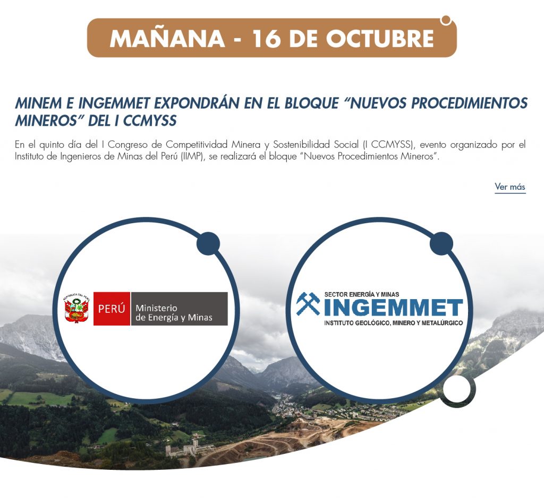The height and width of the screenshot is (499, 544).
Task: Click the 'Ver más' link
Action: [x=510, y=187]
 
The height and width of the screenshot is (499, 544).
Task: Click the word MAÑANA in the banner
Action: [x=167, y=38]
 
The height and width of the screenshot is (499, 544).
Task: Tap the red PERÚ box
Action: [x=112, y=309]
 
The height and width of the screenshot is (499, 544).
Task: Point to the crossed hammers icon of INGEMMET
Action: [x=308, y=303]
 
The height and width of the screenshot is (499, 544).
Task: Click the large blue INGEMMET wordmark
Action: [x=394, y=308]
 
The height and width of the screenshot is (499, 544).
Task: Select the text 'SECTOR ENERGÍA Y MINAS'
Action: [x=361, y=294]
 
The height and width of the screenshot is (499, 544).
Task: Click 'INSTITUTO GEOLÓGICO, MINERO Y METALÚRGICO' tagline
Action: [x=394, y=323]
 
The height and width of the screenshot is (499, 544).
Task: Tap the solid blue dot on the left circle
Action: [x=208, y=243]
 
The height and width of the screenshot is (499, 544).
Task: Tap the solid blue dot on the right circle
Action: [x=441, y=243]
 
